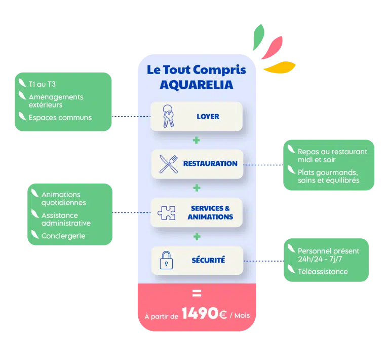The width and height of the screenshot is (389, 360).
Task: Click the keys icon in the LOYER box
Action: point(168,116)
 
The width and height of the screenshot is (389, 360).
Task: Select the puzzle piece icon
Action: point(166,212)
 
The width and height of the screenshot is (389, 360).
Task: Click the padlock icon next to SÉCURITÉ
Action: point(166,260)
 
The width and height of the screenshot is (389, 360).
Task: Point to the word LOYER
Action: point(208,116)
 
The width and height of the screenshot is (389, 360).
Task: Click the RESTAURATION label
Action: point(210,164)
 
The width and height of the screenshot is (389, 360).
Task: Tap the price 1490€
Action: point(205,314)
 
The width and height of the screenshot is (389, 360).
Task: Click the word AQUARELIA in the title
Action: point(197,85)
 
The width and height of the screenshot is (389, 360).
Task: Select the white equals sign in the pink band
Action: point(197,293)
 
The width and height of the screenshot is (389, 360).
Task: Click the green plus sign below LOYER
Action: point(197,139)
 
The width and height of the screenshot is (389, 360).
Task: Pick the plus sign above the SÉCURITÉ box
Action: point(197,237)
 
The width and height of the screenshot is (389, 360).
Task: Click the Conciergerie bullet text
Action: point(63,236)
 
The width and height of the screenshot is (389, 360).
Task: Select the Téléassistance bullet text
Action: point(323,271)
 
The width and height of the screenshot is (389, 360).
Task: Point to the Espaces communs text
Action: point(60,118)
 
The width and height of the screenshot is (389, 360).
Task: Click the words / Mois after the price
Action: point(240,315)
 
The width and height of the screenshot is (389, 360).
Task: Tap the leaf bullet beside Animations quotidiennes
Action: point(35,193)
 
